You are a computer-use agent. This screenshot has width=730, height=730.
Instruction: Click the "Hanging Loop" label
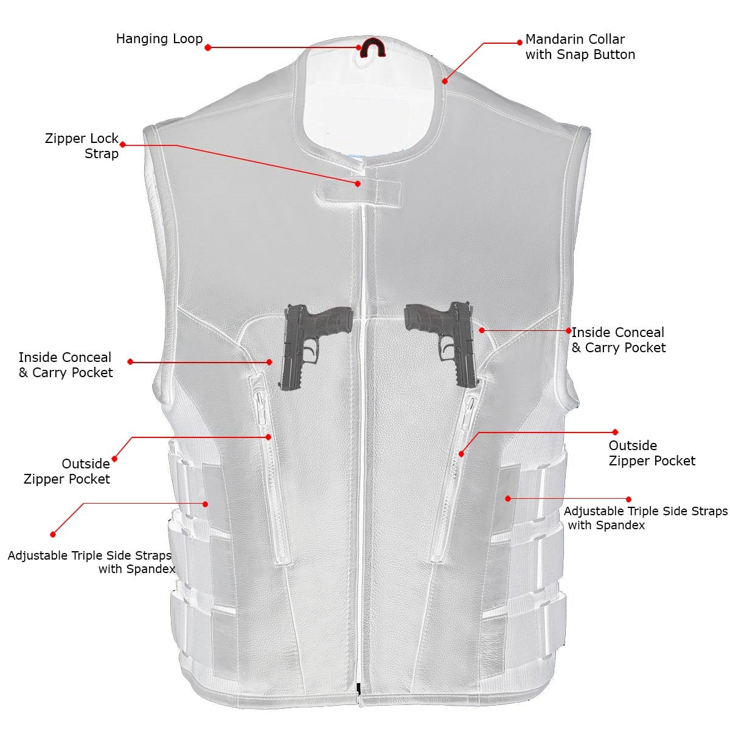point(159,39)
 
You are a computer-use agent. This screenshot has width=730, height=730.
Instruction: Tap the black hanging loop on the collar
point(372,47)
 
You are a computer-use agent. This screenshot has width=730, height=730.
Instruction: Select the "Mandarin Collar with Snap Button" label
point(580,47)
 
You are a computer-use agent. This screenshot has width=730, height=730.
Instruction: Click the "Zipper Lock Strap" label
point(82,146)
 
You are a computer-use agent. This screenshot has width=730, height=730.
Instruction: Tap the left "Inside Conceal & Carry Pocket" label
point(66,365)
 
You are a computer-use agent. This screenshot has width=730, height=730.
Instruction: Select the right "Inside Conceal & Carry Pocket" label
point(618,340)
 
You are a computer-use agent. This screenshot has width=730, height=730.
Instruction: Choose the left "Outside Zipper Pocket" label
point(67,471)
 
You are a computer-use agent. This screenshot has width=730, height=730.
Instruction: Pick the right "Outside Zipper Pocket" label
point(652,453)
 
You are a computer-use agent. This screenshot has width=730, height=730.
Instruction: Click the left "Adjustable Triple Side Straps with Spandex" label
point(91,562)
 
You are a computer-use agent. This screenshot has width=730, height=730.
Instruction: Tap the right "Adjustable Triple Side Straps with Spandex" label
point(645,518)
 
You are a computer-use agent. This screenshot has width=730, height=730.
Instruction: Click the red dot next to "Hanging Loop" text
point(207,47)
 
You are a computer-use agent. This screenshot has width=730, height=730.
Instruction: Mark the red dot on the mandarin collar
point(445,81)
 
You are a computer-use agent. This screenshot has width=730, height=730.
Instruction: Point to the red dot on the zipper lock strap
point(358,184)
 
